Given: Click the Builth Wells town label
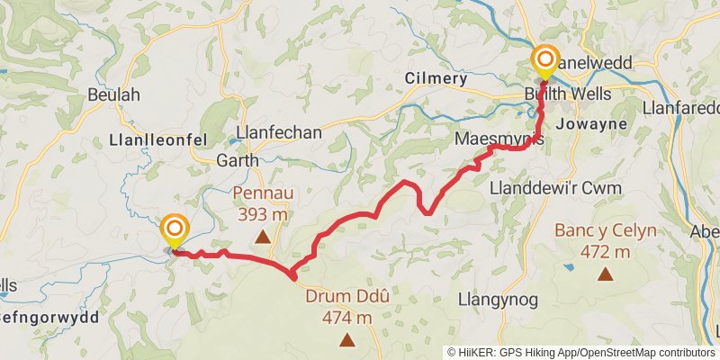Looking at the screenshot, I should [x=569, y=94].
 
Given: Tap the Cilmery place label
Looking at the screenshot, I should [x=436, y=79].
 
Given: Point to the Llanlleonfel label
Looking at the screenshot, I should [x=157, y=139].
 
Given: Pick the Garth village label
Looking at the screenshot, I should [x=238, y=161].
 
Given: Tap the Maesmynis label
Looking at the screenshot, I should [x=500, y=141].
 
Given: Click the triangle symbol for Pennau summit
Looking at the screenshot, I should [x=262, y=237].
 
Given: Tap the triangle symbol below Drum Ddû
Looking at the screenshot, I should [x=347, y=339].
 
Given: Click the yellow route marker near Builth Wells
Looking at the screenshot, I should [x=544, y=61].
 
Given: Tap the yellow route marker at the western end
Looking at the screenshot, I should [x=173, y=230].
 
